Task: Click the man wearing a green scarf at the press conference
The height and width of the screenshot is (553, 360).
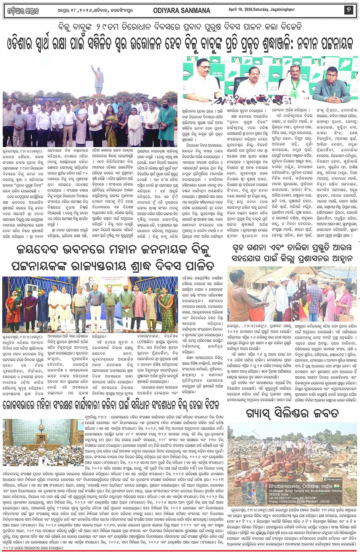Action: pyautogui.click(x=293, y=84)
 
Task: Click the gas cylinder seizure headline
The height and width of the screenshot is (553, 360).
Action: pyautogui.click(x=292, y=412)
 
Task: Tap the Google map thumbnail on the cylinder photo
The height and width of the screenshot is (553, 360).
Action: pyautogui.click(x=250, y=493)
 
